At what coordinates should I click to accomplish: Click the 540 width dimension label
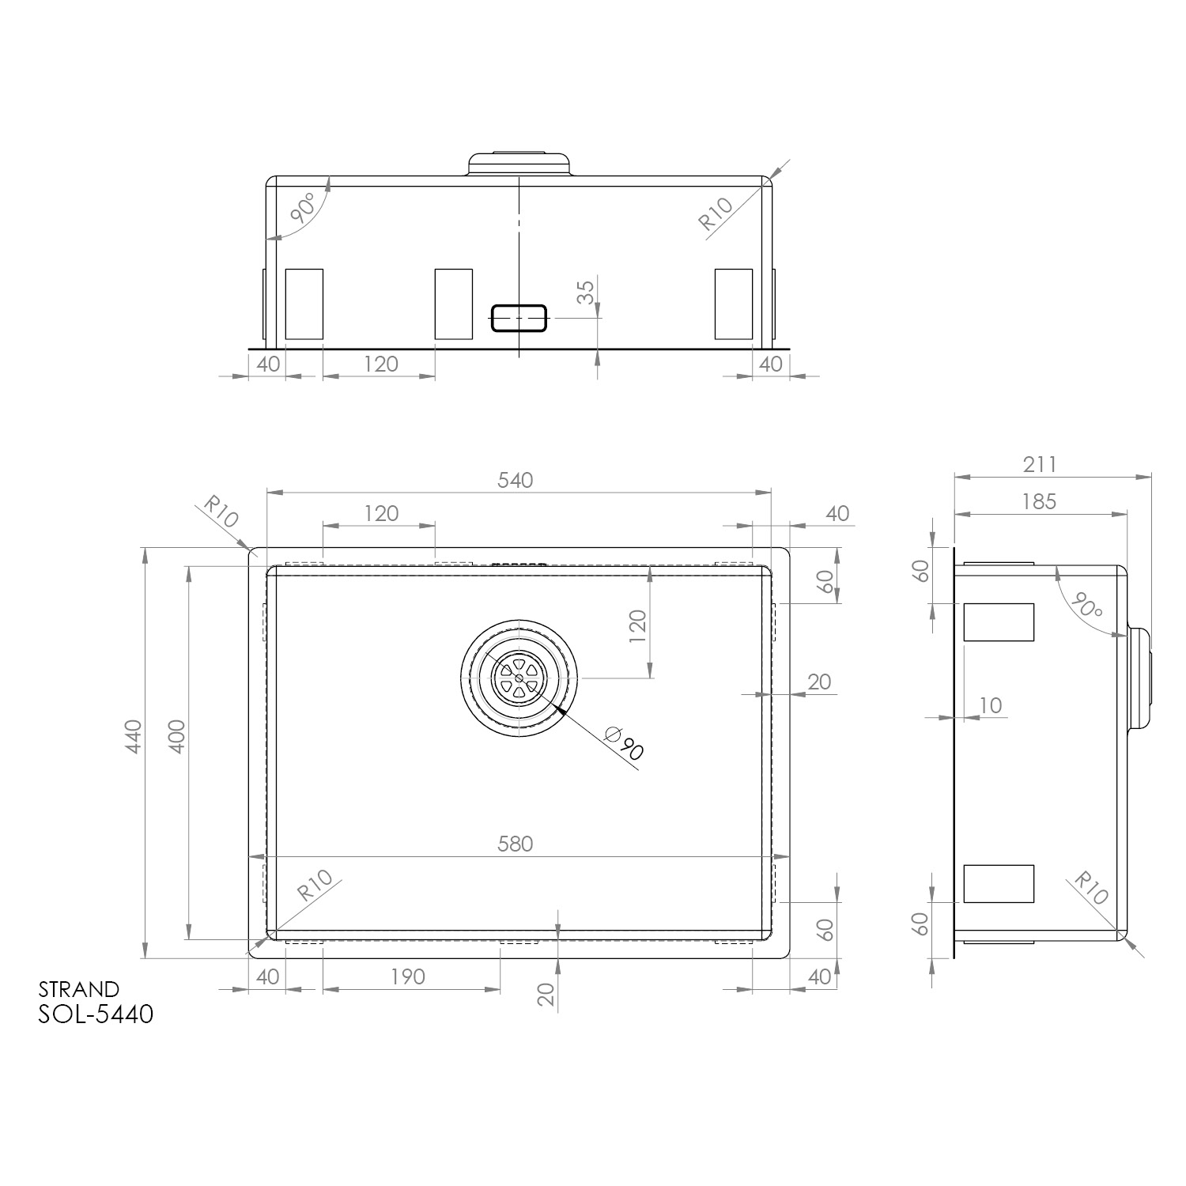pos(516,480)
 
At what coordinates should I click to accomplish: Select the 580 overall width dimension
pos(516,844)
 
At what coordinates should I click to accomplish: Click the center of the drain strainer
pos(519,678)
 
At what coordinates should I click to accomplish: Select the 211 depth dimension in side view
pos(1039,465)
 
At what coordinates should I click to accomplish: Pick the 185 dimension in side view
pos(1039,501)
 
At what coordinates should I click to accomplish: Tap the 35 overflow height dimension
pos(585,293)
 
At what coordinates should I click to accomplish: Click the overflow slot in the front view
pos(519,317)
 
